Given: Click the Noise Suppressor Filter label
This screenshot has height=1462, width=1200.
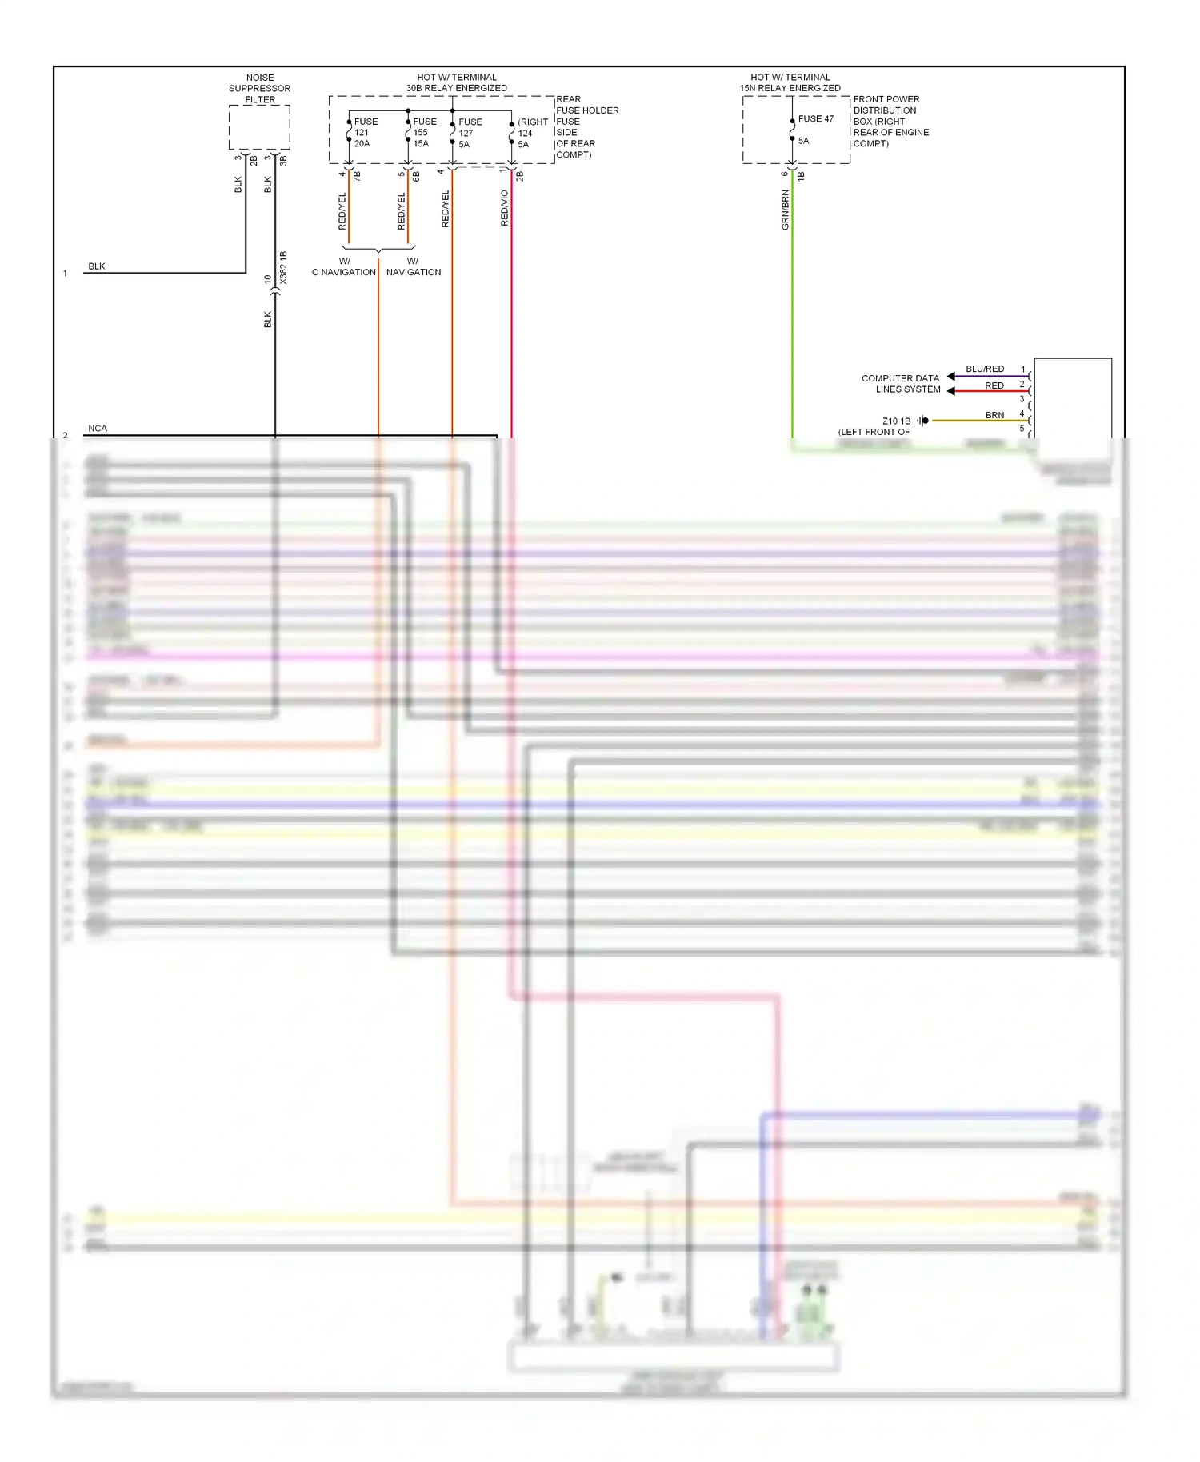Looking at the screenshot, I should [259, 89].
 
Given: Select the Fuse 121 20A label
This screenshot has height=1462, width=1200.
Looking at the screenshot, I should [365, 133].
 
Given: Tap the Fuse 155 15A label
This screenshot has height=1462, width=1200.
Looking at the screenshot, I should [424, 133].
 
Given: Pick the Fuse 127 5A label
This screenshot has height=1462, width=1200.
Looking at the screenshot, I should [470, 133].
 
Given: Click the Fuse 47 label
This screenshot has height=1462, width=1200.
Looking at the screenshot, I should [815, 119].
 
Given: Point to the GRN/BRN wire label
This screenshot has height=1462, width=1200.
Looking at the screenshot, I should [785, 210].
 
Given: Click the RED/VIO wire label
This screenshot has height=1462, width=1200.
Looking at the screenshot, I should [504, 208].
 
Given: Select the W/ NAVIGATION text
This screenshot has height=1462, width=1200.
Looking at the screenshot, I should [413, 267].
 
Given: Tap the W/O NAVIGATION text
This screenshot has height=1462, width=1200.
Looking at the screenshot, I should [344, 267].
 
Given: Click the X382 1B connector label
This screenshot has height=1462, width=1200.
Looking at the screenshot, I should [283, 269].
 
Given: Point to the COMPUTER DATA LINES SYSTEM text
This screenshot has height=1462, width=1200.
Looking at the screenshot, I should [902, 384].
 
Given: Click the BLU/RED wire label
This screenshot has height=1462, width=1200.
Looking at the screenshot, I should [984, 369].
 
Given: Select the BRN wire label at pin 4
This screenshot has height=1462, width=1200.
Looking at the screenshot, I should [994, 415].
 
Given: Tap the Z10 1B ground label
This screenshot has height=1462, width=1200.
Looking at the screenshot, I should [896, 421].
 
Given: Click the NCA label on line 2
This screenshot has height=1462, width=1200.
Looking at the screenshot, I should [98, 429].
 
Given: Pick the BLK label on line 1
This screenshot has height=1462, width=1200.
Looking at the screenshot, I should [97, 266].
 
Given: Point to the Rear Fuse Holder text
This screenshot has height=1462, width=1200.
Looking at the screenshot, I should [586, 105].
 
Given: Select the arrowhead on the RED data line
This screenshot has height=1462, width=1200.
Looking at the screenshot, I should [951, 391].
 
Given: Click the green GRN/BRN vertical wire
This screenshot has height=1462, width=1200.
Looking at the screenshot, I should [792, 320].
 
